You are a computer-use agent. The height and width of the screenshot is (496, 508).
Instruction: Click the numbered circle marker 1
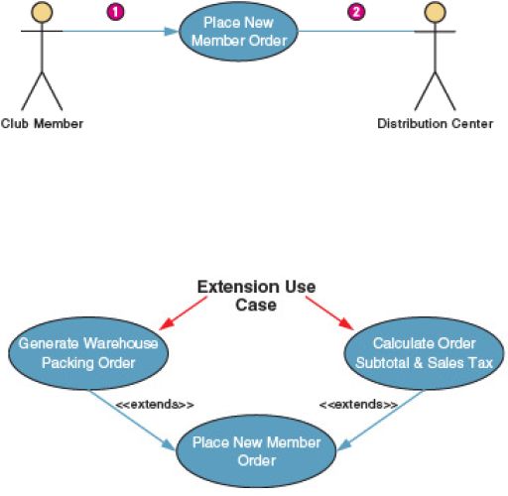pos(115,12)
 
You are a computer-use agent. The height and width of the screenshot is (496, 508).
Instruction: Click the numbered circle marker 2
pos(356,12)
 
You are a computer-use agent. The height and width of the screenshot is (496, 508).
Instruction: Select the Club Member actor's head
pos(42,12)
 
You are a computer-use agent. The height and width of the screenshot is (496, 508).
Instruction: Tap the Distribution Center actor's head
pos(435,12)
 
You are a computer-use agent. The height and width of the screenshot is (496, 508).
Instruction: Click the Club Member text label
pos(42,124)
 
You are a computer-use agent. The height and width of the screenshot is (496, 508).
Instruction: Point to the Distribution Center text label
pos(435,124)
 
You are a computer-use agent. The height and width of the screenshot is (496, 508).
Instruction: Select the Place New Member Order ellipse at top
pos(238,32)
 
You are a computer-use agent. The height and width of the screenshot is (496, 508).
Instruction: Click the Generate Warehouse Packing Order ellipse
pos(88,353)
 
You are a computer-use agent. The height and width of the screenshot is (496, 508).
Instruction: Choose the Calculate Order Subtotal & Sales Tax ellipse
pos(425,353)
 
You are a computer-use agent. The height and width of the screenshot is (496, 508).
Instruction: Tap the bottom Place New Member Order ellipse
pos(256,451)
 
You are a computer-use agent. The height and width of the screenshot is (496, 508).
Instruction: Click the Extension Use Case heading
pos(256,296)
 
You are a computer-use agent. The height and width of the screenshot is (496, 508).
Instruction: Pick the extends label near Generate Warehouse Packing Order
pos(155,405)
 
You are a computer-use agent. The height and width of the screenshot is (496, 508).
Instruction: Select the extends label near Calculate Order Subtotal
pos(358,405)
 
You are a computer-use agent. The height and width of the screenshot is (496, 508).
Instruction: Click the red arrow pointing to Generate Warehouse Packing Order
pos(183,312)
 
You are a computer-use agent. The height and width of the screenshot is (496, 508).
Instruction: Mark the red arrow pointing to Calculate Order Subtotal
pos(329,312)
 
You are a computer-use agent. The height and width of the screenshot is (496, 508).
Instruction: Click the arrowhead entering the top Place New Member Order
pos(172,32)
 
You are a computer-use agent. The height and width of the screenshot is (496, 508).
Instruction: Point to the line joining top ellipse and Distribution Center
pos(356,32)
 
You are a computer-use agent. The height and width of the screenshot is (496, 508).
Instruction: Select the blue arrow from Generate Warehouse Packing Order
pos(132,420)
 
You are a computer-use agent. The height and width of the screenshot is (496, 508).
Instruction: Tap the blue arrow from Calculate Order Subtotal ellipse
pos(380,420)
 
